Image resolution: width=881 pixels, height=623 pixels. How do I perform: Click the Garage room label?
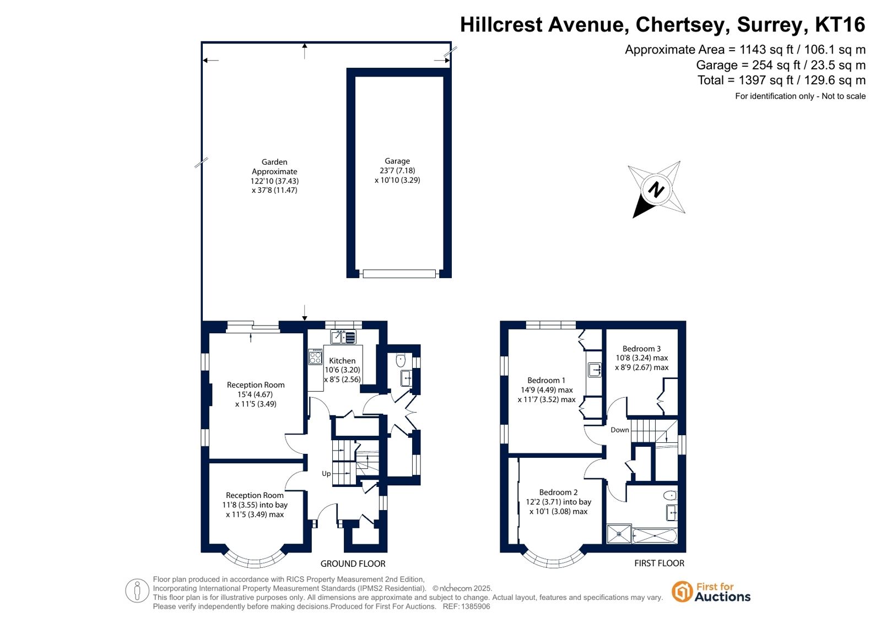(x=397, y=161)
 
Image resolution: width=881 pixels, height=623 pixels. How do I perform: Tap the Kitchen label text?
(x=342, y=361)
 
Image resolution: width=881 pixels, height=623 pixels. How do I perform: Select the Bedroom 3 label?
(x=641, y=349)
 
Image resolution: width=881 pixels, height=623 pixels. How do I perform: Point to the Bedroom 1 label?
(x=546, y=380)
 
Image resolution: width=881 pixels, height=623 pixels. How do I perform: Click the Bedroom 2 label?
(x=558, y=492)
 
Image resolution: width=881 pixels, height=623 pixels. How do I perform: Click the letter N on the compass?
(x=656, y=190)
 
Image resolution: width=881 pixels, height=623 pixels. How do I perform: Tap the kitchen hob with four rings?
(x=315, y=356)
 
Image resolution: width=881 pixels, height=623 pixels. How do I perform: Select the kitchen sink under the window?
(x=343, y=337)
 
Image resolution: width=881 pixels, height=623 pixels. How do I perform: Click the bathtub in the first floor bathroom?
(x=655, y=535)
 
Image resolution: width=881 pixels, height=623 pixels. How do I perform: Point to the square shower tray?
(x=619, y=534)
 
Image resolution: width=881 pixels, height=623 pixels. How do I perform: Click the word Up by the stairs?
(x=326, y=474)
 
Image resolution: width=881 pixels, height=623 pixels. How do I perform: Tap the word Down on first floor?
(x=619, y=430)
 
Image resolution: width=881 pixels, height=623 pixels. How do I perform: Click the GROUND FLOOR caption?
(x=353, y=564)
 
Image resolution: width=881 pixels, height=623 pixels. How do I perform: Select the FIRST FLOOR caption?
(x=659, y=563)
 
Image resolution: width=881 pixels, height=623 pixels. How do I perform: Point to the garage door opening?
(x=399, y=274)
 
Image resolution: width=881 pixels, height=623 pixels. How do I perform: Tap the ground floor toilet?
(x=401, y=360)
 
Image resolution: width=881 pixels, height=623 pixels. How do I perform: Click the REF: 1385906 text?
(x=467, y=606)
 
